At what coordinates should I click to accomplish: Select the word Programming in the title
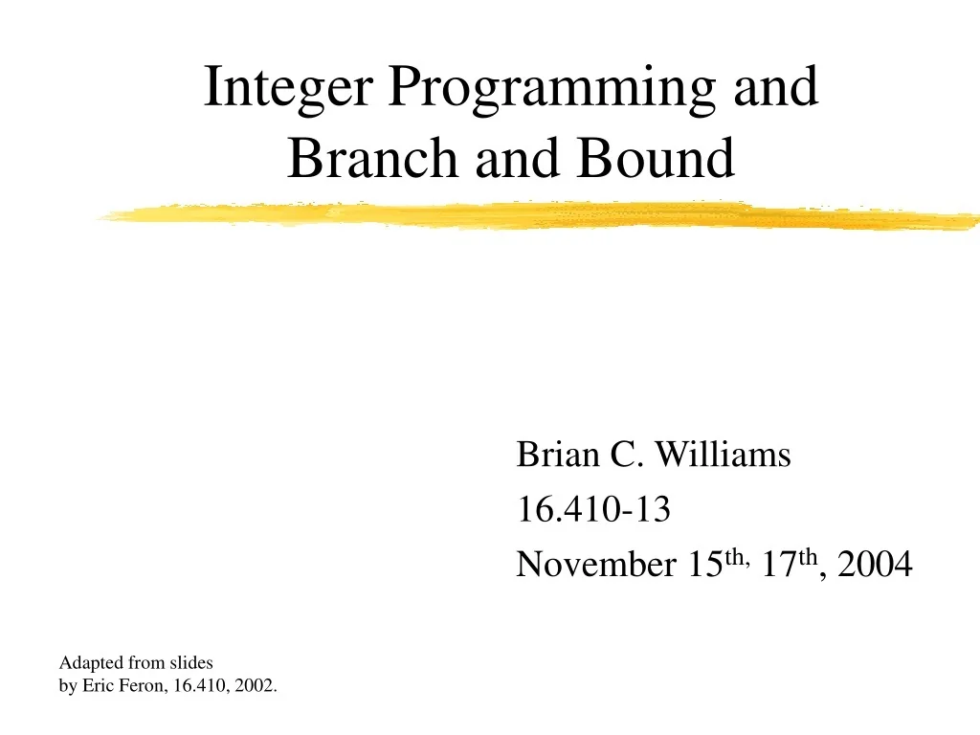coord(553,88)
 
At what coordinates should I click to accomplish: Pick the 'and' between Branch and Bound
coord(517,158)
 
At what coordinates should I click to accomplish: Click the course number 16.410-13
coord(593,511)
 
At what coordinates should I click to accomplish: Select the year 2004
coord(875,566)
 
